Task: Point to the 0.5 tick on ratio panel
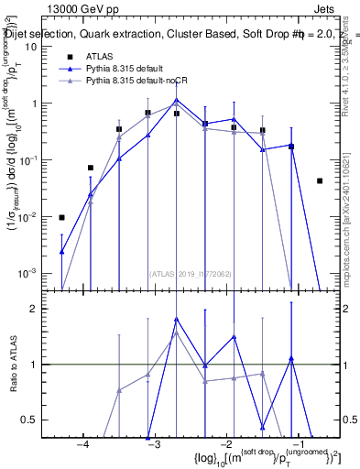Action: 36,420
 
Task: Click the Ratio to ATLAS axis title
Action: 13,365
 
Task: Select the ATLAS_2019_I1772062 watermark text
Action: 191,274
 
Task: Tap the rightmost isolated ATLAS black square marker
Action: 320,180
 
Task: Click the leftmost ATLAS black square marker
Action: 61,217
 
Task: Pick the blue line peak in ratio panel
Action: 177,319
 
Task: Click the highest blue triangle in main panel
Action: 177,100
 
